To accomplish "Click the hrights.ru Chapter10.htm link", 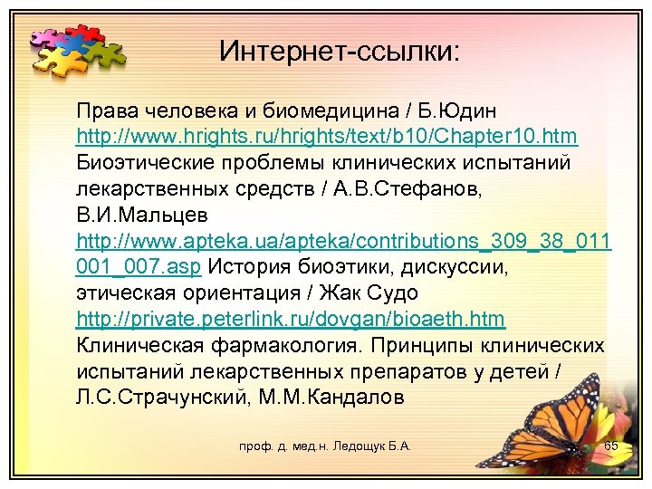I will pyautogui.click(x=327, y=137).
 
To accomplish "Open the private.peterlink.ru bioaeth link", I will pyautogui.click(x=291, y=320).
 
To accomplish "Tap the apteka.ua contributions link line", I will pyautogui.click(x=344, y=242).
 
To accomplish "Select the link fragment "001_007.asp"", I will pyautogui.click(x=141, y=268).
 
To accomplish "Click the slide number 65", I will pyautogui.click(x=610, y=446).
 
